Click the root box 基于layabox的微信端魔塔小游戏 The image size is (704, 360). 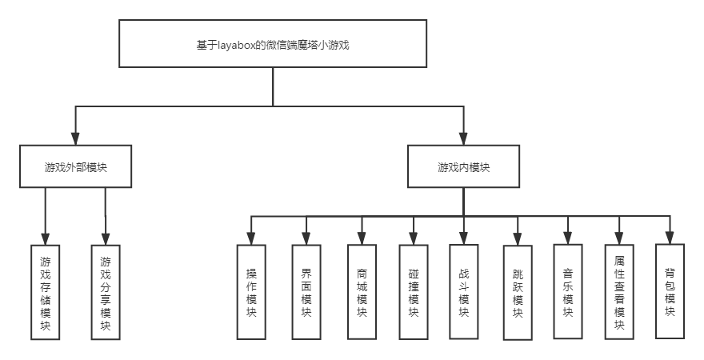(272, 44)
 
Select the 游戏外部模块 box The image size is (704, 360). (76, 167)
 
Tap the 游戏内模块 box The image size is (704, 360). (463, 167)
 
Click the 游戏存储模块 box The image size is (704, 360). (45, 293)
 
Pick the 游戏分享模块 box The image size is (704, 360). (106, 293)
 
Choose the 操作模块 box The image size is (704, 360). (251, 291)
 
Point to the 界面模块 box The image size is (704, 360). (306, 291)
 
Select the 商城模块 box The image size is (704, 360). (362, 291)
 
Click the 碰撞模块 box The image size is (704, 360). (413, 291)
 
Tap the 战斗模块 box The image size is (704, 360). (464, 291)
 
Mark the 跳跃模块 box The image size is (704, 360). (518, 293)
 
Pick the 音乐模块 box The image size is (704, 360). (568, 291)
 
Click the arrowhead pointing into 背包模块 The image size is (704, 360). (670, 237)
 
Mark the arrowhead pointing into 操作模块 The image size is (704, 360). (251, 238)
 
